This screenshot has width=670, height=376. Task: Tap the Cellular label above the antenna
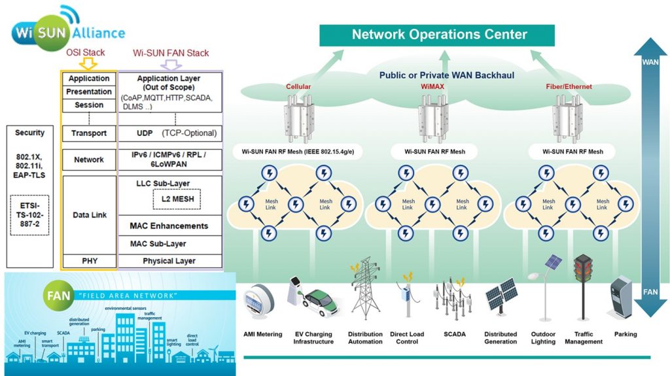point(298,86)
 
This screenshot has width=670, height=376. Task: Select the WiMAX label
point(431,86)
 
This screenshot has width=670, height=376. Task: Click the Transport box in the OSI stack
point(89,133)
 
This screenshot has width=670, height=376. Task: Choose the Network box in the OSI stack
point(89,160)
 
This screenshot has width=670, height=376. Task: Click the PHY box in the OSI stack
point(89,261)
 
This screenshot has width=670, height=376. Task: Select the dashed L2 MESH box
point(177,198)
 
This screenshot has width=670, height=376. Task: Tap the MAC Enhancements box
point(169,226)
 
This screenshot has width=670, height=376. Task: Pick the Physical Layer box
point(169,261)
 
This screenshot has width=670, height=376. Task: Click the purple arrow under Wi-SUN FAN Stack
point(171,64)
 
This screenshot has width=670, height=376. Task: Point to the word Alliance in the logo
point(96,33)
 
